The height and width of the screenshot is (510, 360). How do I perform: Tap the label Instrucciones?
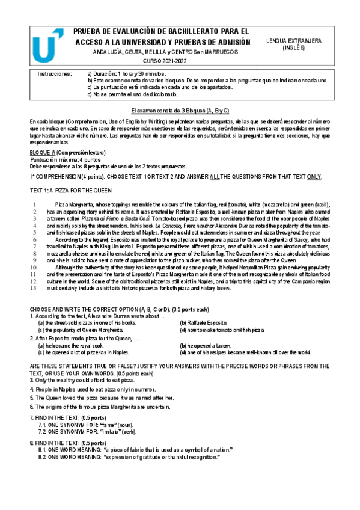[x=55, y=73]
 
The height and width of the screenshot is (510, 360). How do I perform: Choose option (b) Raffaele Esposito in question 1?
[x=204, y=323]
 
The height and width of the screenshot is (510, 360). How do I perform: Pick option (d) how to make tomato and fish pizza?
[x=222, y=330]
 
